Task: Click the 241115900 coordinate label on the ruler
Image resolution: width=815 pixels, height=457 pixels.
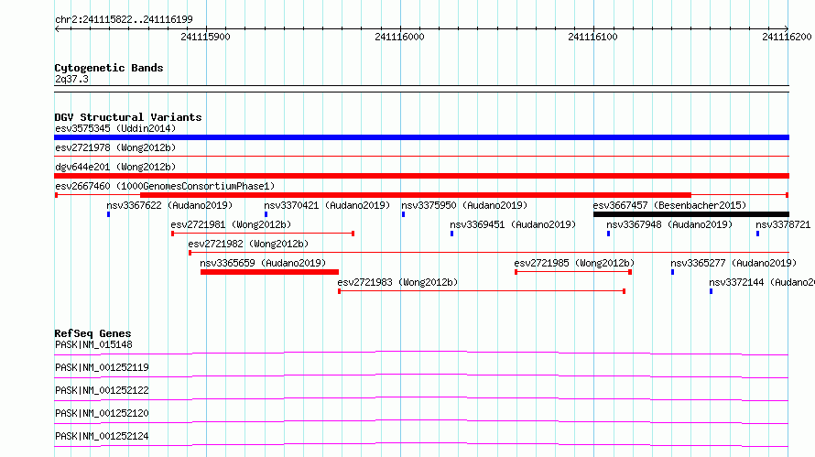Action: point(205,37)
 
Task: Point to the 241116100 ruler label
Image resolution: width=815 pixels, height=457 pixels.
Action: point(592,37)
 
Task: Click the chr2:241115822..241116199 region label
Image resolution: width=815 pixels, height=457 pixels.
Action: point(124,19)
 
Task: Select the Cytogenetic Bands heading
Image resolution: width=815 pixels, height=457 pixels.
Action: point(109,68)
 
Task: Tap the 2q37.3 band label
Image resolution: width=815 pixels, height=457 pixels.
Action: point(71,79)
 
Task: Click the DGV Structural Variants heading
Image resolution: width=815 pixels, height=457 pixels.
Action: point(128,117)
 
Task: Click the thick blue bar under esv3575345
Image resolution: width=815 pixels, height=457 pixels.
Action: point(421,137)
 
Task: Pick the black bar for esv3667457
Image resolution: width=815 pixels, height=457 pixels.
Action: point(691,214)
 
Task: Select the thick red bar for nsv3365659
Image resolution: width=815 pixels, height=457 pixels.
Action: point(269,272)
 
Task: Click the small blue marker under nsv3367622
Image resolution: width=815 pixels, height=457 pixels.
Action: point(109,214)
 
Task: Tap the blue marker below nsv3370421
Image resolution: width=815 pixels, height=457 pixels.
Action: point(266,214)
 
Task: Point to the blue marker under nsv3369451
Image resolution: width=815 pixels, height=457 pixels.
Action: point(452,234)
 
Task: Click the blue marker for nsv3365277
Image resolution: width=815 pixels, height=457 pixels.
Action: point(672,272)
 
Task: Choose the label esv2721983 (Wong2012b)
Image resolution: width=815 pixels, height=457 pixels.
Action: point(397,282)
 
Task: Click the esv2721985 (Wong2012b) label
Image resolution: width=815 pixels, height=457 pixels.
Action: point(574,263)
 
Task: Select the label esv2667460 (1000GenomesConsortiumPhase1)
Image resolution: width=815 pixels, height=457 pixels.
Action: point(165,186)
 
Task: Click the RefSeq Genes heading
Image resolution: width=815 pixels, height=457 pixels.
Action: point(92,333)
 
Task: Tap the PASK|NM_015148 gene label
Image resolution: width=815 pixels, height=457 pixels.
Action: point(93,344)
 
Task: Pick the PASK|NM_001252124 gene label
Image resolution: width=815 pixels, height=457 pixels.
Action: point(102,436)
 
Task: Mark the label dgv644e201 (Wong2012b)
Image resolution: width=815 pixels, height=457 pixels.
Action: point(115,167)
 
